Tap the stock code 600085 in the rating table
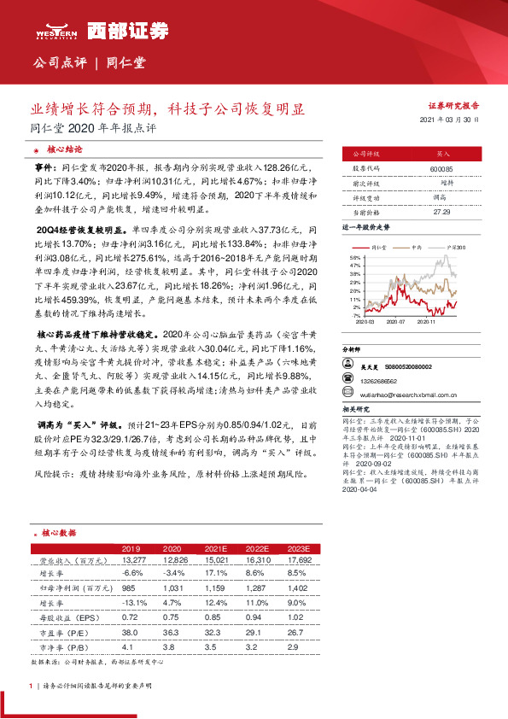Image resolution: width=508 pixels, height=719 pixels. pyautogui.click(x=441, y=169)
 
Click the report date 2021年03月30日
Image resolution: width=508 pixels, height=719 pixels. pyautogui.click(x=452, y=120)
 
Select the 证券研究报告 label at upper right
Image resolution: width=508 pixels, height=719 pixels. pyautogui.click(x=453, y=106)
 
